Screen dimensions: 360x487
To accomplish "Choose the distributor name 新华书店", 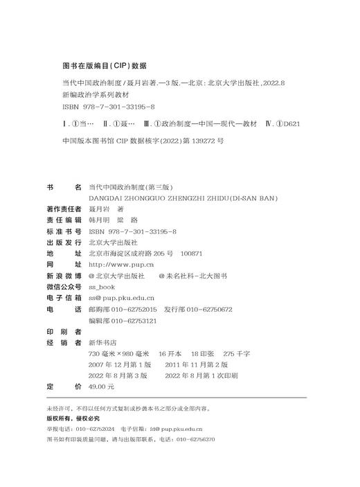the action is pos(102,342).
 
